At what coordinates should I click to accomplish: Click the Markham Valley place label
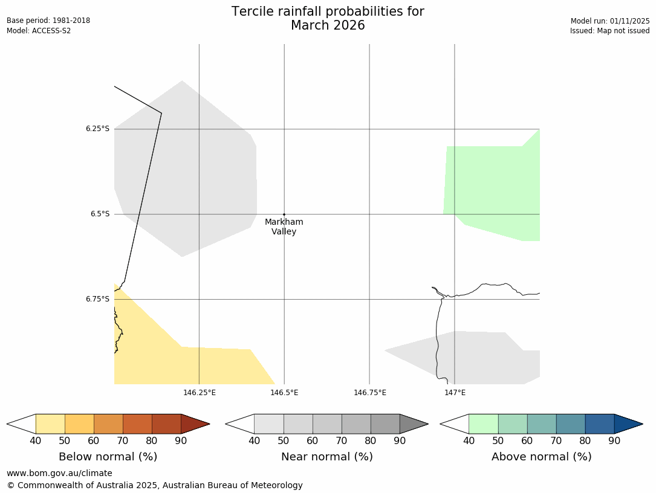pyautogui.click(x=284, y=227)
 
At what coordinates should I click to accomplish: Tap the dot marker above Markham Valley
pyautogui.click(x=284, y=214)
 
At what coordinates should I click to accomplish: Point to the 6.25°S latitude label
pyautogui.click(x=97, y=129)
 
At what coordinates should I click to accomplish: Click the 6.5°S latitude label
pyautogui.click(x=100, y=214)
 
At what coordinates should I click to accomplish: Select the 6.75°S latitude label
pyautogui.click(x=97, y=299)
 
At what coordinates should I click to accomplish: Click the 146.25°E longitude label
pyautogui.click(x=200, y=393)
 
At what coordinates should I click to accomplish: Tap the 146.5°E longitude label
pyautogui.click(x=284, y=393)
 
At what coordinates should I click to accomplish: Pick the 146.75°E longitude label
pyautogui.click(x=370, y=393)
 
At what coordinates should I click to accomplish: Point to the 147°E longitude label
pyautogui.click(x=455, y=393)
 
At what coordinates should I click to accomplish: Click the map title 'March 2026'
pyautogui.click(x=328, y=25)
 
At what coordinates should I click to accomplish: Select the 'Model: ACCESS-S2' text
pyautogui.click(x=39, y=31)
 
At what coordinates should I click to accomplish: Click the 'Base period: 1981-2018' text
pyautogui.click(x=48, y=21)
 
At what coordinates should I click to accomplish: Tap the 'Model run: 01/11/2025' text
pyautogui.click(x=610, y=21)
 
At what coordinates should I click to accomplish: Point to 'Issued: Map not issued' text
pyautogui.click(x=609, y=31)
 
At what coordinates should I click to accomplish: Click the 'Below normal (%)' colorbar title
pyautogui.click(x=108, y=457)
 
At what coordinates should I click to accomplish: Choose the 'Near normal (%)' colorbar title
pyautogui.click(x=326, y=457)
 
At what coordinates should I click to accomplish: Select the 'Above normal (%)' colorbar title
pyautogui.click(x=541, y=457)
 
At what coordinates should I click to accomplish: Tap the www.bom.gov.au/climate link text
pyautogui.click(x=59, y=473)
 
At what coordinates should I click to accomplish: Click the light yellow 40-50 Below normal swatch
pyautogui.click(x=50, y=424)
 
